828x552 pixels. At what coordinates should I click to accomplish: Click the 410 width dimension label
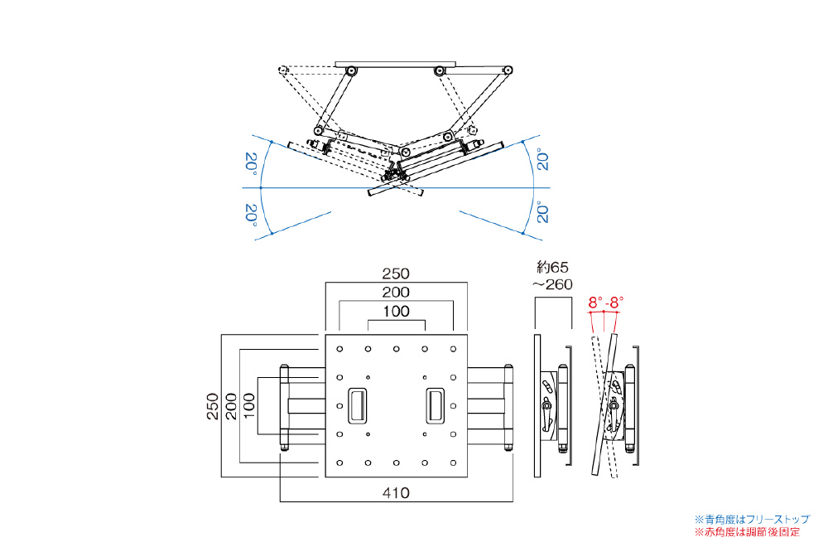[x=397, y=492]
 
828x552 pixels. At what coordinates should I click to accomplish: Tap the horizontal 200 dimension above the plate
[x=397, y=293]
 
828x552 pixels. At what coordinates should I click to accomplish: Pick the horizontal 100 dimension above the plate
[x=397, y=311]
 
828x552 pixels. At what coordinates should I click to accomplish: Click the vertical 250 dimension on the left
[x=212, y=406]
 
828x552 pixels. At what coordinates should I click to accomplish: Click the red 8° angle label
[x=595, y=303]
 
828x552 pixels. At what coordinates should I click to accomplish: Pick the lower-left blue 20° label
[x=249, y=214]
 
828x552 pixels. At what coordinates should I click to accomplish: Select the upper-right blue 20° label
[x=542, y=159]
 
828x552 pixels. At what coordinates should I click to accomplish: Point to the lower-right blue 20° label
[x=542, y=212]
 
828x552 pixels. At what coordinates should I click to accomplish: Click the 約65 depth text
[x=553, y=267]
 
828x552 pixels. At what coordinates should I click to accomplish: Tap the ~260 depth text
[x=553, y=284]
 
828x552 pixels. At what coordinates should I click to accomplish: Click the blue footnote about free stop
[x=752, y=519]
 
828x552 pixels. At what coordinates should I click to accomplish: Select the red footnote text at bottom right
[x=752, y=531]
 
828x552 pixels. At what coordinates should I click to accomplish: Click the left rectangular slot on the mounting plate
[x=358, y=404]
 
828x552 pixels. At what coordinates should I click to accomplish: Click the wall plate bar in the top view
[x=396, y=63]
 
